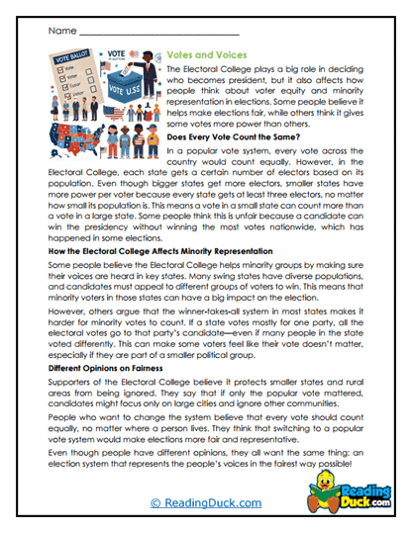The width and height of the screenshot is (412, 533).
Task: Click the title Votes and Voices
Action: pos(205,57)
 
